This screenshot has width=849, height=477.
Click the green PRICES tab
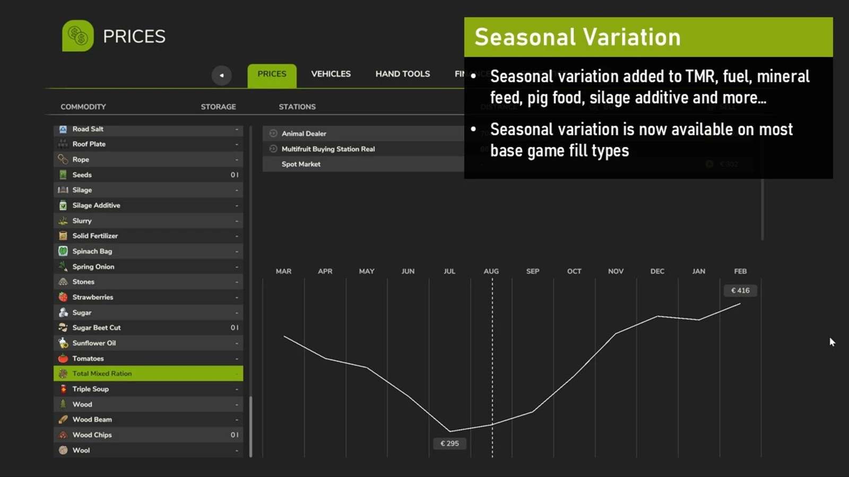pyautogui.click(x=272, y=74)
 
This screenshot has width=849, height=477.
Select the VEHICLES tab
pyautogui.click(x=331, y=74)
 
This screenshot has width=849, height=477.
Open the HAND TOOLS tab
pyautogui.click(x=402, y=74)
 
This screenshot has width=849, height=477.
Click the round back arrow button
pyautogui.click(x=221, y=75)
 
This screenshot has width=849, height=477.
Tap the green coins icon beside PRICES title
pyautogui.click(x=78, y=36)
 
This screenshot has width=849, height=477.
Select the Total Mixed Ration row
pyautogui.click(x=148, y=374)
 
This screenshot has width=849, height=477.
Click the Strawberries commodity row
pyautogui.click(x=148, y=297)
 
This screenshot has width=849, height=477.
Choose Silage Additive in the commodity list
pyautogui.click(x=148, y=206)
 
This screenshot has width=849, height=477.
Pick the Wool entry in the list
pyautogui.click(x=148, y=450)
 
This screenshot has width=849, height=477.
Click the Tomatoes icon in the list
pyautogui.click(x=63, y=359)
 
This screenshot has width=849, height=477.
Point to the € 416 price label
pyautogui.click(x=740, y=290)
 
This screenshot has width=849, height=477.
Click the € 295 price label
pyautogui.click(x=449, y=444)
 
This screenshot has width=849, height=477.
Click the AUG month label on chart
pyautogui.click(x=491, y=271)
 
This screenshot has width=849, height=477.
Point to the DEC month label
pyautogui.click(x=657, y=271)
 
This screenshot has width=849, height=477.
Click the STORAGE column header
pyautogui.click(x=218, y=107)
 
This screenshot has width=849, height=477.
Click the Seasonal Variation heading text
pyautogui.click(x=577, y=37)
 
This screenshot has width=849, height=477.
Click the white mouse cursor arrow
pyautogui.click(x=831, y=342)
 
